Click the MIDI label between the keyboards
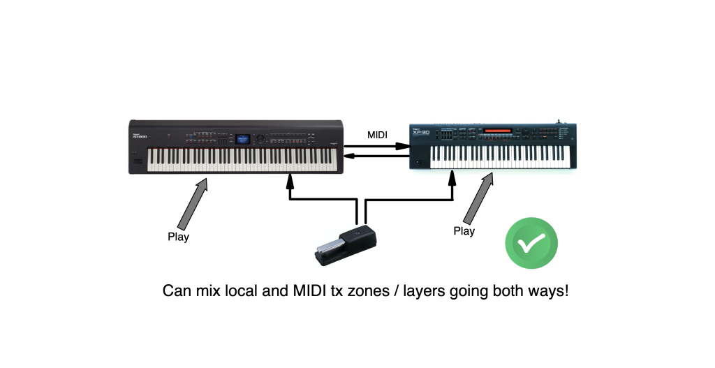coord(378,133)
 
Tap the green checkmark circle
coord(531,244)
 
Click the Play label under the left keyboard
coord(178,237)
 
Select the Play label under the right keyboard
coord(464,231)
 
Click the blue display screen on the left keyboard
coord(243,138)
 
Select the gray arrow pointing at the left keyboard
coord(195,203)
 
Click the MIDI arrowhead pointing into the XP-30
coord(403,147)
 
